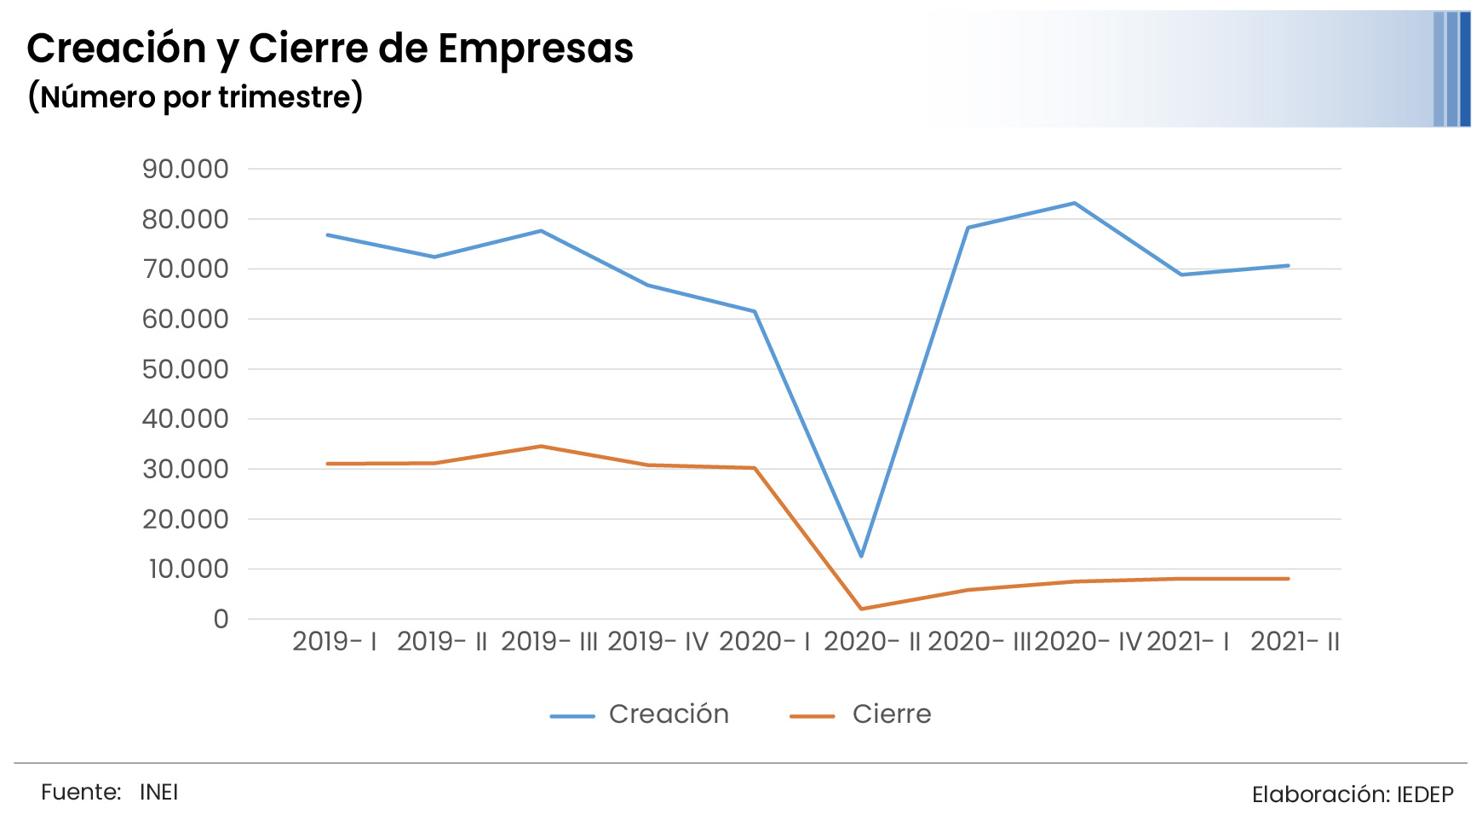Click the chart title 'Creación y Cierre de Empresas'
click(330, 49)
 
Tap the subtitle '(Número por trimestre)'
click(195, 96)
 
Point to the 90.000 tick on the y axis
click(186, 169)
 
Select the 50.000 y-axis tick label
click(186, 369)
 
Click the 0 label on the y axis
click(221, 619)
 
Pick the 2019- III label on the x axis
click(549, 641)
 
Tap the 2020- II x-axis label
click(872, 641)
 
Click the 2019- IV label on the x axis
click(658, 641)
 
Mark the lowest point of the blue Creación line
click(861, 556)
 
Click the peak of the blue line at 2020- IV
click(1075, 203)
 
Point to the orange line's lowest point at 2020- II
click(861, 609)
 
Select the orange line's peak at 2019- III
click(541, 446)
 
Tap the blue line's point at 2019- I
click(327, 234)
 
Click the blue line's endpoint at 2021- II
click(1288, 265)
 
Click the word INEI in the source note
click(159, 792)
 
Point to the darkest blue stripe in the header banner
click(1465, 69)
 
